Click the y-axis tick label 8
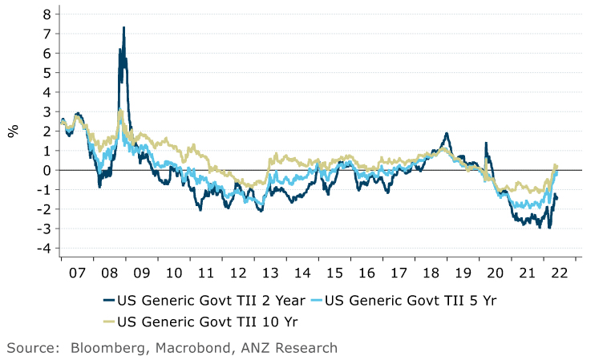47,14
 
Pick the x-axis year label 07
77,272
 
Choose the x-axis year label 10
173,272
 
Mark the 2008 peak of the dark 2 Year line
123,28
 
